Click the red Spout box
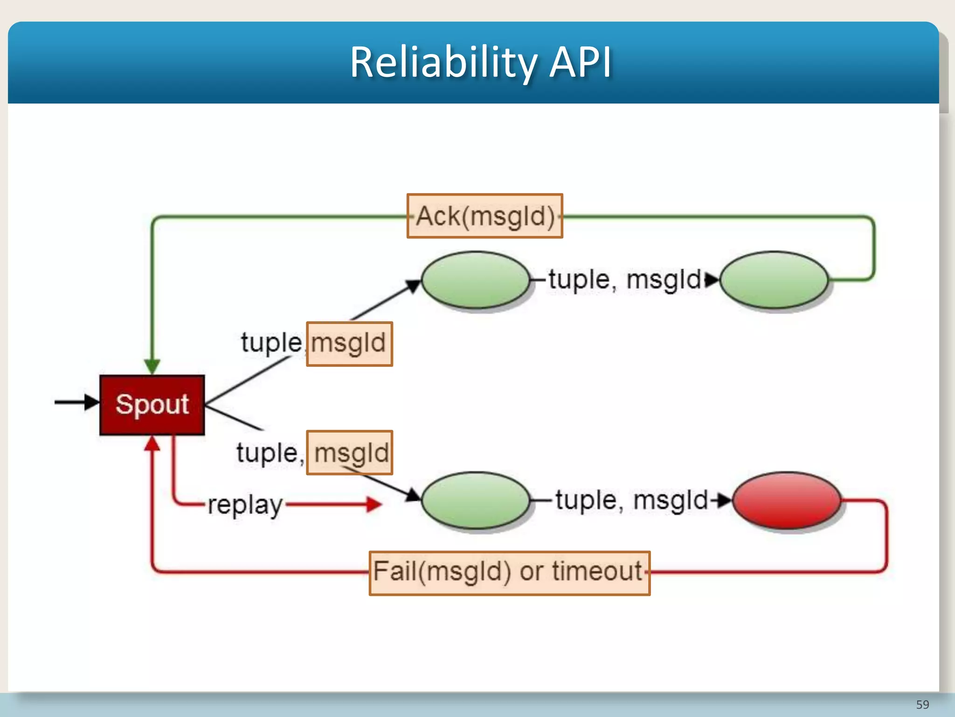click(x=152, y=404)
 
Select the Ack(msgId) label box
click(x=484, y=216)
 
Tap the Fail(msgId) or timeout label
click(x=509, y=573)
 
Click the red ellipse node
click(x=787, y=500)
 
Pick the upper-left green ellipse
click(x=475, y=280)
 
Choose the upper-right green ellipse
click(x=774, y=280)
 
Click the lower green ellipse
click(x=475, y=500)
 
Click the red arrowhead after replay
click(x=374, y=504)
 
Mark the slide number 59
click(x=922, y=704)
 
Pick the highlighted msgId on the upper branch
click(x=349, y=344)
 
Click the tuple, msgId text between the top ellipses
click(x=624, y=280)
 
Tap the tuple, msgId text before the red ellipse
click(x=631, y=500)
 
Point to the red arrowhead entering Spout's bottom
click(x=152, y=443)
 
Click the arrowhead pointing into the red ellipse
click(x=724, y=500)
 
